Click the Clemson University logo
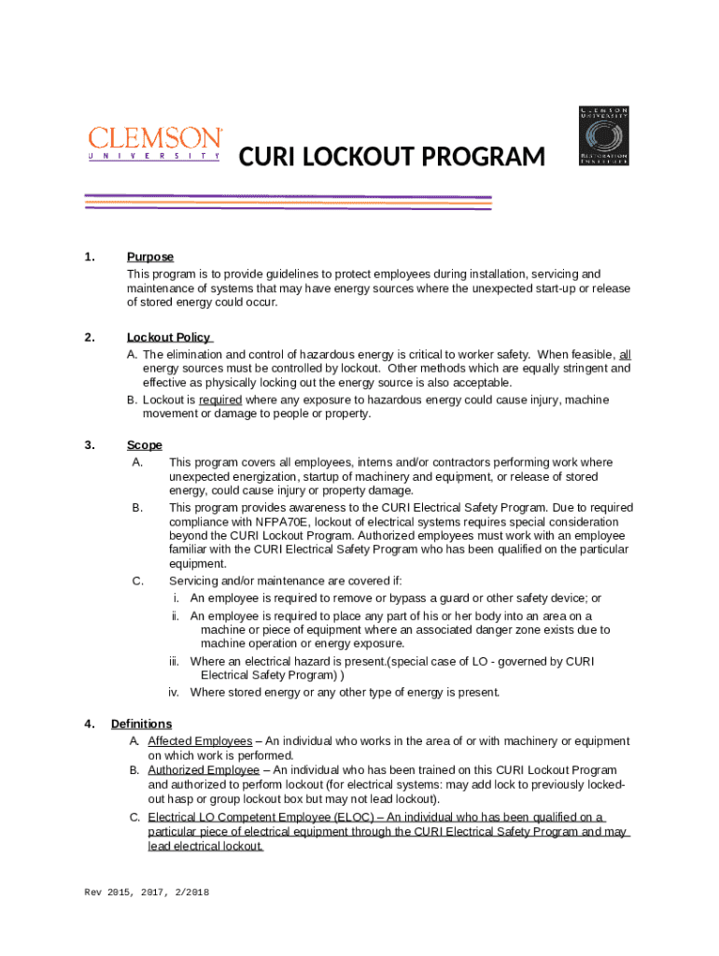[155, 144]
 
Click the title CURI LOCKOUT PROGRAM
[392, 158]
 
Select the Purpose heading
[150, 257]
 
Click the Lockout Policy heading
[169, 337]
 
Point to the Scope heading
[145, 445]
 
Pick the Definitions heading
[141, 724]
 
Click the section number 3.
[90, 445]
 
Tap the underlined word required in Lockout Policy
[220, 400]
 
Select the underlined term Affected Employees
[200, 741]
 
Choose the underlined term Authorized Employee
[204, 770]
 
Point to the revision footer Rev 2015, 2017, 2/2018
[147, 893]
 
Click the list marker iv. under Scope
[174, 693]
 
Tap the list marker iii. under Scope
[174, 662]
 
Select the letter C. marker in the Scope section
[137, 581]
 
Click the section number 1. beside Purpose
[90, 257]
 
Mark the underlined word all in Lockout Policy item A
[625, 355]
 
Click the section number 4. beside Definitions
[90, 724]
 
